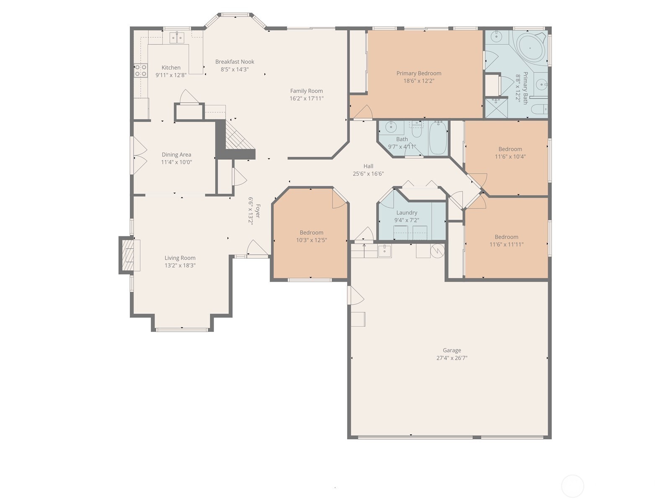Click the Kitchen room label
171,67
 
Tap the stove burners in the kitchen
141,70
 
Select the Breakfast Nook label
234,62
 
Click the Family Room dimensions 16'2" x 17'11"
307,99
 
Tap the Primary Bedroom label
419,73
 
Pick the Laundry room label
407,213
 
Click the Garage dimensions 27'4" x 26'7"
452,358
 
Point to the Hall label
368,166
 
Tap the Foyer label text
258,211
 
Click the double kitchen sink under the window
177,38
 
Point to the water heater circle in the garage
437,251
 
